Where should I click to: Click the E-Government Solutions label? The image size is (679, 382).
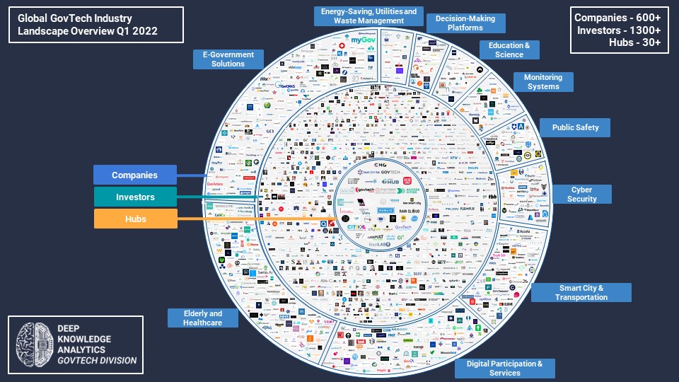(x=228, y=59)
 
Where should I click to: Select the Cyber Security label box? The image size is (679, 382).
(x=581, y=195)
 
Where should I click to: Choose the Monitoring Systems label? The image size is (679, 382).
(x=542, y=82)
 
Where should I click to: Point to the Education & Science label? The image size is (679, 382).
(x=509, y=50)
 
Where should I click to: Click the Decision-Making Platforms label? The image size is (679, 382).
(x=465, y=23)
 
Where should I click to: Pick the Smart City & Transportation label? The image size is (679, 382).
(x=581, y=293)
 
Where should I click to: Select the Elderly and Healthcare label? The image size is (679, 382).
(x=202, y=318)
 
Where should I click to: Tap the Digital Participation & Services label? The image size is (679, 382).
(x=504, y=369)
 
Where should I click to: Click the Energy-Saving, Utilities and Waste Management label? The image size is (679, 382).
(x=368, y=16)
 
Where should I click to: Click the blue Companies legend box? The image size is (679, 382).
(x=134, y=175)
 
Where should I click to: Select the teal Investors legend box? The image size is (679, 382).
(x=134, y=197)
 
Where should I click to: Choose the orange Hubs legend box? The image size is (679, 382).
(x=134, y=219)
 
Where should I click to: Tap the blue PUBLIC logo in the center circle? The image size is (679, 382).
(x=385, y=210)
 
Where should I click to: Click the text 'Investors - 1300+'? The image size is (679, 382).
(x=618, y=30)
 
